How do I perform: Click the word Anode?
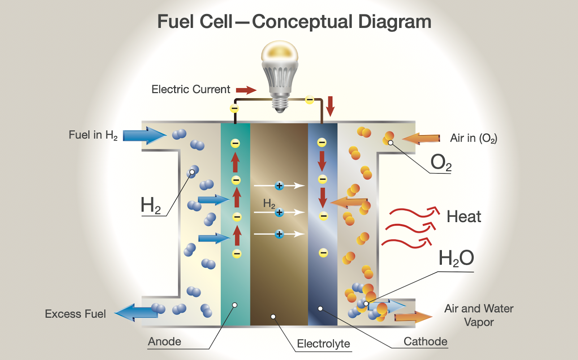[164, 342]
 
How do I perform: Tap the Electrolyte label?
[323, 343]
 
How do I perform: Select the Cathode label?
[425, 342]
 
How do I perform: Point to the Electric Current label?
[191, 89]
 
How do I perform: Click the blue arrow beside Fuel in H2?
[145, 135]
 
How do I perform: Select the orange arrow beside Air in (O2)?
[421, 139]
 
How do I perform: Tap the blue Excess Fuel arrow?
[136, 313]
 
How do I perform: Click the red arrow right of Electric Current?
[246, 90]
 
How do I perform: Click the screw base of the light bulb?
[280, 104]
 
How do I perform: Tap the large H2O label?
[456, 258]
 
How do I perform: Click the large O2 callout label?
[441, 162]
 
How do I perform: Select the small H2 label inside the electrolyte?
[269, 203]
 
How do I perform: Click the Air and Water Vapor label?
[479, 315]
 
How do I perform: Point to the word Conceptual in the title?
[303, 22]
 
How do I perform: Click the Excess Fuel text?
[76, 314]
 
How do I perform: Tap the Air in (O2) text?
[474, 138]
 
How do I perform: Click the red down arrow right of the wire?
[330, 106]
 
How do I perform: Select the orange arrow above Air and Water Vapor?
[413, 317]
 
